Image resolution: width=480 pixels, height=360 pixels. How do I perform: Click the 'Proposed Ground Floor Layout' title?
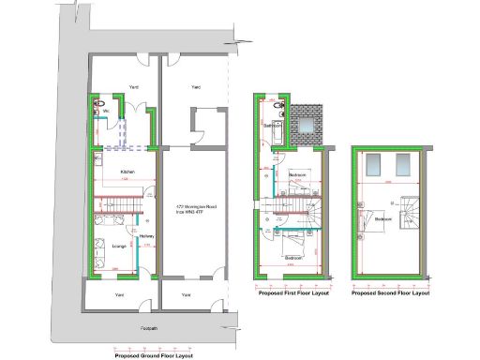pyautogui.click(x=153, y=355)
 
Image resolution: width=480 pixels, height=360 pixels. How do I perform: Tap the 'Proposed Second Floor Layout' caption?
pyautogui.click(x=391, y=293)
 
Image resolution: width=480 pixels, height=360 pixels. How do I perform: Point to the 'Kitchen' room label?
pyautogui.click(x=128, y=172)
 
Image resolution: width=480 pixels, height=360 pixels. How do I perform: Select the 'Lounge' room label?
pyautogui.click(x=119, y=246)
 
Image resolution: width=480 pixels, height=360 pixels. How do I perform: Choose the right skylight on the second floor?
pyautogui.click(x=403, y=166)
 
